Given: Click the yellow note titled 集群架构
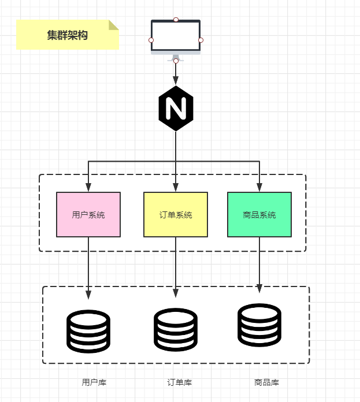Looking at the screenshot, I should (67, 35).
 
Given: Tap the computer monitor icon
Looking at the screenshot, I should (176, 38).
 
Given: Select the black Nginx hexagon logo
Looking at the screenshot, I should (176, 108).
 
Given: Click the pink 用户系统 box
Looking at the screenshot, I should (88, 215).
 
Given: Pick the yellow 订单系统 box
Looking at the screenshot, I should (176, 215).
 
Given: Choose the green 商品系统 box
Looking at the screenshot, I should (259, 215).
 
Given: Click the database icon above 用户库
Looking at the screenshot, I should (88, 331).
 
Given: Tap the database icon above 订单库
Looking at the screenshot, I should (176, 329).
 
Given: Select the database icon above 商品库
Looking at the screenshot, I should (259, 325).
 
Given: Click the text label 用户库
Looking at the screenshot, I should (94, 382).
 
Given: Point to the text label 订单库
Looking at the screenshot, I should (180, 382).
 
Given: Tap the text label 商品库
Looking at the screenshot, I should (266, 382).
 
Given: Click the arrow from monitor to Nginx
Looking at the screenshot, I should (176, 73).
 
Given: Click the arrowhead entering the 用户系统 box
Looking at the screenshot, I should (88, 187).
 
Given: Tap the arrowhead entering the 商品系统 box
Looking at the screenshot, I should (259, 187).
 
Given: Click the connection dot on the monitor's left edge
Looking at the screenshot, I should (151, 40).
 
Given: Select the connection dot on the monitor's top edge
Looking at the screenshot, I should (176, 20).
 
